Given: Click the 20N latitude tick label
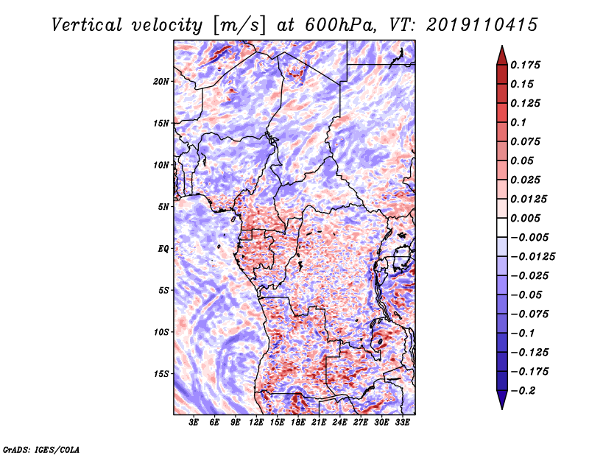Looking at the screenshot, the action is coord(161,82).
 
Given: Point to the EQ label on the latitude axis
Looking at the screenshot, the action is coord(163,249).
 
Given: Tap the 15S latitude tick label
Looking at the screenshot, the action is coord(161,374).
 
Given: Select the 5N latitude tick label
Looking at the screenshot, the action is coord(163,207).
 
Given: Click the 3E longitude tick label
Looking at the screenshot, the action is coord(194,423).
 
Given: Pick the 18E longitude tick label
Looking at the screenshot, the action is coord(298,423).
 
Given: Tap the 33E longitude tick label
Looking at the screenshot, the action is coord(402,423).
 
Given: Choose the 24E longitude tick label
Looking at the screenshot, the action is coord(339,423).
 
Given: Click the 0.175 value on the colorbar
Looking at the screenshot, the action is coord(526,65).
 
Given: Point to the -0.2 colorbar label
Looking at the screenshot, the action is coord(523,391).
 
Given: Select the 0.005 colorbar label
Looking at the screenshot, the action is coord(526,218).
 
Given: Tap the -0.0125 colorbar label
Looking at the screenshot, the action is coord(532,257).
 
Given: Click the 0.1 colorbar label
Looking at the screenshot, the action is coord(518,122).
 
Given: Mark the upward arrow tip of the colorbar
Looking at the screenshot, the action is coord(502,46).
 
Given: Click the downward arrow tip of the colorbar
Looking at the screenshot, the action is coord(502,409).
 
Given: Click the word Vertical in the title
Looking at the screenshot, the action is coord(87,25).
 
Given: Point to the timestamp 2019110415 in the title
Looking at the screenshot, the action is coord(482,25).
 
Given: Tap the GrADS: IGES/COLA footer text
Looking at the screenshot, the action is coord(41,449).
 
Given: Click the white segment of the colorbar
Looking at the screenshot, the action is coord(502,227).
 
